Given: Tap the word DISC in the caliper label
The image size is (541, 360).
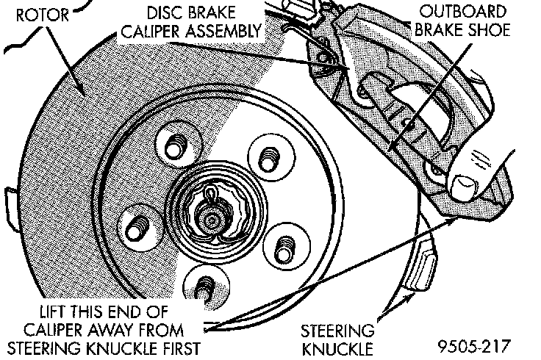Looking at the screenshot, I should [166, 14].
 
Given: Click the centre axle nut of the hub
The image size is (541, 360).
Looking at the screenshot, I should [212, 218].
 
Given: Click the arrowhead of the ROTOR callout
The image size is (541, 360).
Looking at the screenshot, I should [86, 96].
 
